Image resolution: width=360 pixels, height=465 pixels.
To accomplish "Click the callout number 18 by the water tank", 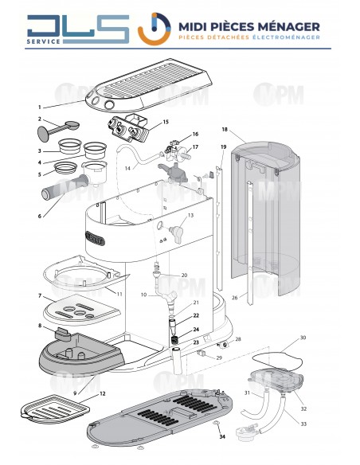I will point(225,128).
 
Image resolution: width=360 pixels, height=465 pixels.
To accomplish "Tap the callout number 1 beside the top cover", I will point(37,107).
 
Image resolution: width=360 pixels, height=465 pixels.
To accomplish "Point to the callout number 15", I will point(165,122).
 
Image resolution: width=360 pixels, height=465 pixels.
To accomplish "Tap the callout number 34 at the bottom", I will point(222,436).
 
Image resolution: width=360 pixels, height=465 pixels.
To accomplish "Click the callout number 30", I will point(325,338).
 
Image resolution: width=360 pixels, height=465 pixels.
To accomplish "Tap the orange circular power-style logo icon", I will point(151,29).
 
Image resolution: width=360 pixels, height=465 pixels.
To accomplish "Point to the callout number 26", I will point(234,299).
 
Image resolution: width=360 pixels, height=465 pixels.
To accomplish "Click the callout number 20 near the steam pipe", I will point(184,275).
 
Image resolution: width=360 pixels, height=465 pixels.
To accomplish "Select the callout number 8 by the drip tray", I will point(38,326).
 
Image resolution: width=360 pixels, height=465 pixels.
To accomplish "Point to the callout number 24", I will point(196,330).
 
